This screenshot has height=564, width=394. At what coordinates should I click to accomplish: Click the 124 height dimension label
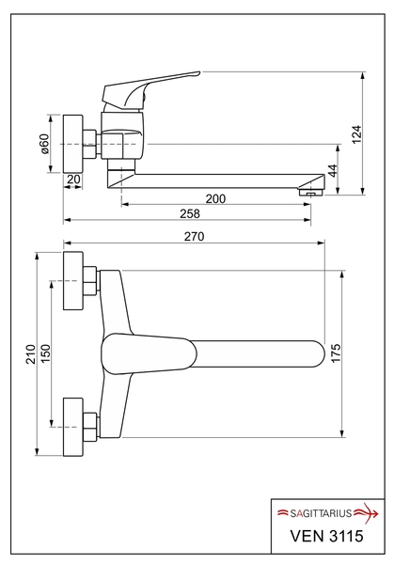(x=356, y=134)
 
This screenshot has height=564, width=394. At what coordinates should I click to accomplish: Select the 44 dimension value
(x=333, y=170)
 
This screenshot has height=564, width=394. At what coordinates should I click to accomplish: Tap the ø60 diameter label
(x=44, y=144)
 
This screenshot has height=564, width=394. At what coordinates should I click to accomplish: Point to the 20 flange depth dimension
(x=73, y=180)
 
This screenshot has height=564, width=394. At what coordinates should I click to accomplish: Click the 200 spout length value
(x=215, y=198)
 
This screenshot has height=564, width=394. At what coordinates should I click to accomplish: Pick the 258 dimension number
(x=190, y=213)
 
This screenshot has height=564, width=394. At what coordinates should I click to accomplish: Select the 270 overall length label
(x=194, y=236)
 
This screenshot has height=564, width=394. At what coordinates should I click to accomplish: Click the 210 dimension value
(x=31, y=354)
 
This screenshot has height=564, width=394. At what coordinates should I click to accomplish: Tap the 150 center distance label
(x=46, y=354)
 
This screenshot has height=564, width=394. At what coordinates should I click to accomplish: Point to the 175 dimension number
(x=335, y=353)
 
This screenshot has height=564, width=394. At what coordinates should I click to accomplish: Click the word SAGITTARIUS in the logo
(x=321, y=513)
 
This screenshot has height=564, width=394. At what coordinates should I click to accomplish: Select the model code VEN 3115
(x=326, y=536)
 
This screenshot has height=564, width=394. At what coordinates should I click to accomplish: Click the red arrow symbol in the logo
(x=367, y=512)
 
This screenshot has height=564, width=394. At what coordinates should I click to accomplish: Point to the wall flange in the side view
(x=73, y=144)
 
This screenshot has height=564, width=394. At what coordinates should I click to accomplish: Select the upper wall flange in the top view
(x=73, y=280)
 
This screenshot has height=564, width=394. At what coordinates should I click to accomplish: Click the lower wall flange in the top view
(x=73, y=427)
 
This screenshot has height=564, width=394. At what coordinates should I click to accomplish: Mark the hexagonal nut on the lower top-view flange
(x=90, y=427)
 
